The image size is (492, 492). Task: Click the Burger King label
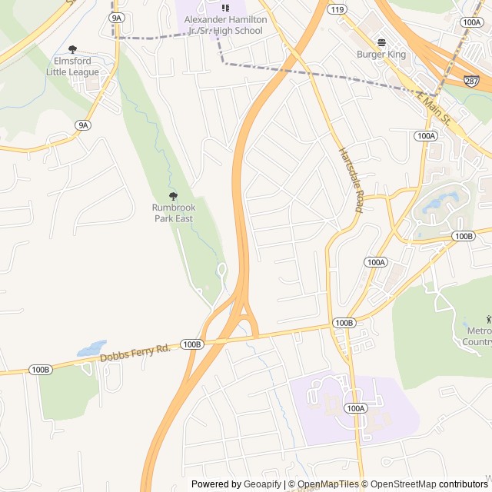381,55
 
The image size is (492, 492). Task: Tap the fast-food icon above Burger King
381,42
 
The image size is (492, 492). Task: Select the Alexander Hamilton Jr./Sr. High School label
224,25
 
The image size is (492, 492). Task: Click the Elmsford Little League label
73,66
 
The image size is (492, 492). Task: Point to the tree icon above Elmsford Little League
73,49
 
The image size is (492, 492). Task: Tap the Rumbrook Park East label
172,213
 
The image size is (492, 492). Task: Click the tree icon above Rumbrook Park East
172,196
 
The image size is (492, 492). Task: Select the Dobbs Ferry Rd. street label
135,354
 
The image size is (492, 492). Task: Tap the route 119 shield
335,10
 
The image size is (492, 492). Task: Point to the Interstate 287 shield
471,81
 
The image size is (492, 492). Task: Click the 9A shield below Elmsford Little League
83,125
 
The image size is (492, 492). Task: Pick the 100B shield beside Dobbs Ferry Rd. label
191,344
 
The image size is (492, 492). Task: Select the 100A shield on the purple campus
354,408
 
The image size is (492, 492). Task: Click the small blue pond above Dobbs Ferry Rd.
91,348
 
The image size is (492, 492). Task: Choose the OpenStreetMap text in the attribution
404,484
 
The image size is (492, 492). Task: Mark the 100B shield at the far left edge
40,370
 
